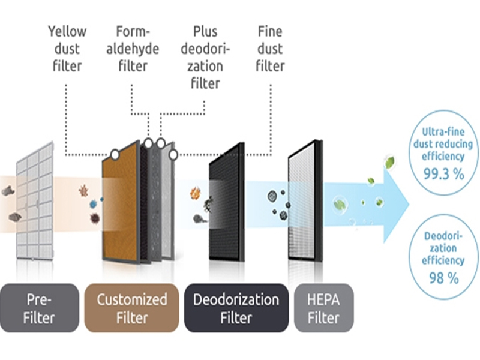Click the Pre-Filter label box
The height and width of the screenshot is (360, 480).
pyautogui.click(x=40, y=308)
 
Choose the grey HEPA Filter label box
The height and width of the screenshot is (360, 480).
pyautogui.click(x=323, y=308)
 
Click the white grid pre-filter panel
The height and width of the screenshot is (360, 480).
pyautogui.click(x=35, y=201)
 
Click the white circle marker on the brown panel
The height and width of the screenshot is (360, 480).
pyautogui.click(x=114, y=155)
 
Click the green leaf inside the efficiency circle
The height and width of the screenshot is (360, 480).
pyautogui.click(x=390, y=161)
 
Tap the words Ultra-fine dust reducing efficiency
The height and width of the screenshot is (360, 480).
pyautogui.click(x=447, y=145)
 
